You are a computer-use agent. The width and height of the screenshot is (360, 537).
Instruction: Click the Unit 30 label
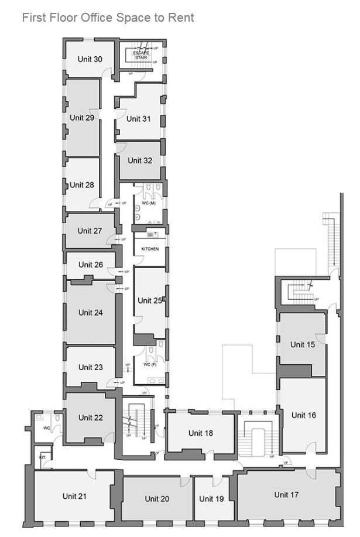pyautogui.click(x=90, y=59)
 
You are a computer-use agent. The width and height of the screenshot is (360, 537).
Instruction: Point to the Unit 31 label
pyautogui.click(x=138, y=119)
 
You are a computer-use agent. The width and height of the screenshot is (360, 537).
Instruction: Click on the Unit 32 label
pyautogui.click(x=140, y=160)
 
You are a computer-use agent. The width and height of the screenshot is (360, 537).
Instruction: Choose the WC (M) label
pyautogui.click(x=148, y=203)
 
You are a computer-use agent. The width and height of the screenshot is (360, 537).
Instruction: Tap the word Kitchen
pyautogui.click(x=150, y=249)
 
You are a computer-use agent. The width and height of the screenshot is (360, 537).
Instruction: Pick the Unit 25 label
pyautogui.click(x=150, y=300)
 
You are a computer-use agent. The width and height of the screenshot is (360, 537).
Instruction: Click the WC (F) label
pyautogui.click(x=150, y=365)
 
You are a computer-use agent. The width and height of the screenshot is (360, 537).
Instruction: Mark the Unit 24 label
pyautogui.click(x=91, y=313)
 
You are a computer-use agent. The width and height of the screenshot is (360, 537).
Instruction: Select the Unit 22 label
pyautogui.click(x=91, y=418)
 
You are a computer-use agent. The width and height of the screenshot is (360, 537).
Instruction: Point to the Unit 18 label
pyautogui.click(x=201, y=433)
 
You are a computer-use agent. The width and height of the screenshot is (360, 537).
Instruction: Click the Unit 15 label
pyautogui.click(x=303, y=345)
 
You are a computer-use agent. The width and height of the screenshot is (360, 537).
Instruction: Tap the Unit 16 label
pyautogui.click(x=304, y=415)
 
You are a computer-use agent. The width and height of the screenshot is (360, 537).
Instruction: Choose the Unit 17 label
pyautogui.click(x=286, y=495)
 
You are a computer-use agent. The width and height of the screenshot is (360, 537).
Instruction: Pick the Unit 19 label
pyautogui.click(x=211, y=499)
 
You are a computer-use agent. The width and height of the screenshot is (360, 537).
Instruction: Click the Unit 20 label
pyautogui.click(x=157, y=499)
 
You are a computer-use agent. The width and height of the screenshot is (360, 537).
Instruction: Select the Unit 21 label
pyautogui.click(x=74, y=496)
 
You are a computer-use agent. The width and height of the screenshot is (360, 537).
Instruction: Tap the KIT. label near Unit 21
pyautogui.click(x=43, y=456)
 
